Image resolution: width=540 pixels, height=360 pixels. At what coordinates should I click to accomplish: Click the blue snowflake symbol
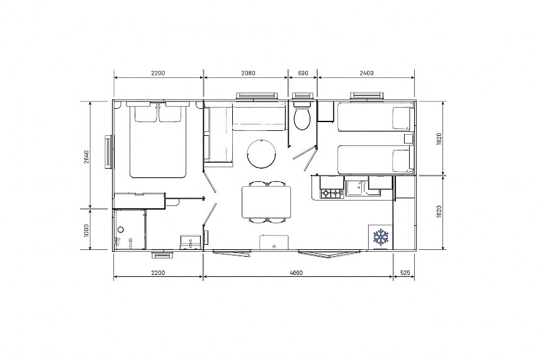coord(381,237)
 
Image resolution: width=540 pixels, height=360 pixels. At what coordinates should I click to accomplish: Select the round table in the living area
coord(261,154)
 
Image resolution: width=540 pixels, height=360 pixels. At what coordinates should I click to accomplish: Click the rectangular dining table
coord(266,202)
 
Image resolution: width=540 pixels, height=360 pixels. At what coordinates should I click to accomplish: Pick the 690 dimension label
coord(303,73)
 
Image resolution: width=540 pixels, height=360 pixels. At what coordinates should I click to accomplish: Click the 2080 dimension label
coord(248,73)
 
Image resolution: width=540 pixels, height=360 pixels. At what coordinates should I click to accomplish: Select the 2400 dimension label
coord(366,73)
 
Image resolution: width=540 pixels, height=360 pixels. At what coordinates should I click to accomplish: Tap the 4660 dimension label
coord(296,273)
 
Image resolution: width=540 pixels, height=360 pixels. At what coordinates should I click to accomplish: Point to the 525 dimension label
coord(405,273)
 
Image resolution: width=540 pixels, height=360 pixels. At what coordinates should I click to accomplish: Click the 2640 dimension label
coord(86,157)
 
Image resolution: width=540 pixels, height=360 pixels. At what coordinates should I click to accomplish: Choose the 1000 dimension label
coord(86,230)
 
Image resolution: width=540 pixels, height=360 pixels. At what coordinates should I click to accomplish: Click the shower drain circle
coord(121,230)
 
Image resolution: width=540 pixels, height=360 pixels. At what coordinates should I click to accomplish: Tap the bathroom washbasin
coord(191,242)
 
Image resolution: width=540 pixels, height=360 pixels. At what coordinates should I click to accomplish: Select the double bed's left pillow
coord(145,114)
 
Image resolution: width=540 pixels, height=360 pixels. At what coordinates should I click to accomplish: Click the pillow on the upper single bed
coord(403,118)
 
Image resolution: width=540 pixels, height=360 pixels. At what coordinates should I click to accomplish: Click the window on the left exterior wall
coord(108,152)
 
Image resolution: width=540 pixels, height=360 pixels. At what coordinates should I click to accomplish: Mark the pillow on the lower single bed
coord(403,160)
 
